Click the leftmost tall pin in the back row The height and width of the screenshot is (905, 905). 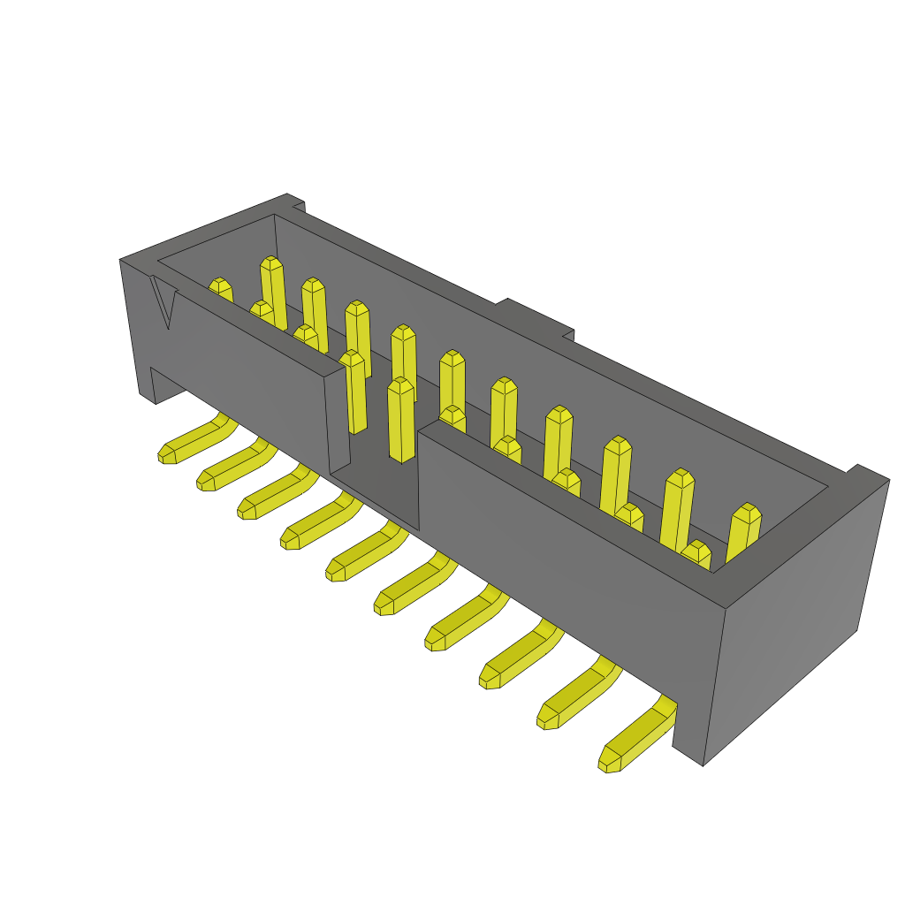pos(273,292)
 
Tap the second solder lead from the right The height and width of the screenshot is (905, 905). pos(574,694)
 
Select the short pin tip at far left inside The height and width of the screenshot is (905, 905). pos(220,289)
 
